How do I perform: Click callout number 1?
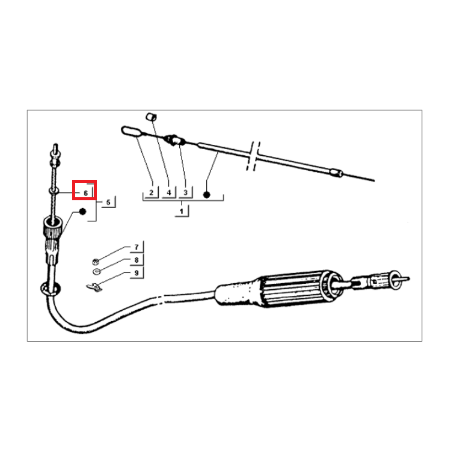point(181,212)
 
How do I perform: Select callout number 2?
point(152,192)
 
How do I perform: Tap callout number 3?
point(186,192)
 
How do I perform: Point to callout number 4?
point(169,192)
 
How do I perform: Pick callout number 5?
point(108,202)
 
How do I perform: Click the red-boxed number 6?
point(85,193)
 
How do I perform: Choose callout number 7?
point(137,247)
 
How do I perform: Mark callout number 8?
point(137,260)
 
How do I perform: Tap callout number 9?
point(137,272)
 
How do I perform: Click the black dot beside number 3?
point(206,195)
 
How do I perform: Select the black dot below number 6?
point(82,212)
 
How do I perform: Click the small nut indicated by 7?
point(96,262)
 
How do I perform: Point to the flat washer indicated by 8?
point(96,271)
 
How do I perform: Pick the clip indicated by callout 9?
point(94,287)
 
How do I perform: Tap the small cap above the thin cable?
point(152,117)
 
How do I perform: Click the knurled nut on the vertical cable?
point(52,227)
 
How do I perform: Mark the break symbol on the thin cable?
point(253,156)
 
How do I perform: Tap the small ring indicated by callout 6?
point(54,191)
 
